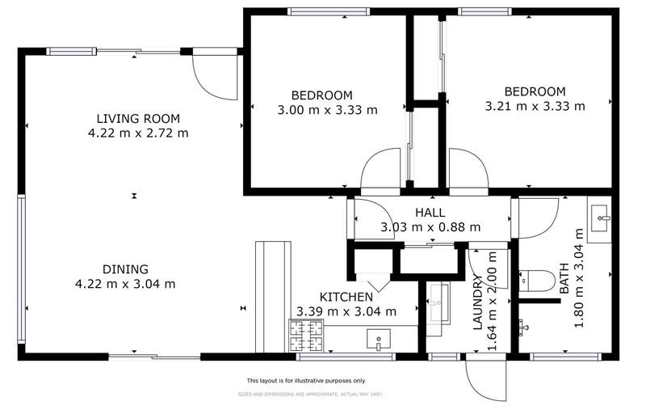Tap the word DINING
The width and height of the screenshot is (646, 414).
[x=125, y=269]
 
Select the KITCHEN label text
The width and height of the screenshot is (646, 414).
[x=346, y=297]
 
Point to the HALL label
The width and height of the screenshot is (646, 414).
[x=430, y=213]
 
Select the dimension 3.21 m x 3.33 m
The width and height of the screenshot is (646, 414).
[x=535, y=105]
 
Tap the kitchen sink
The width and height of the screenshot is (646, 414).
[x=378, y=340]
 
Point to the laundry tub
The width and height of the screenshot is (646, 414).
[x=438, y=302]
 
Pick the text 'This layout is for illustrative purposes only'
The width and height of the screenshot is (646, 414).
[x=305, y=380]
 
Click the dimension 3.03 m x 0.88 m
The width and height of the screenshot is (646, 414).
[x=430, y=227]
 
